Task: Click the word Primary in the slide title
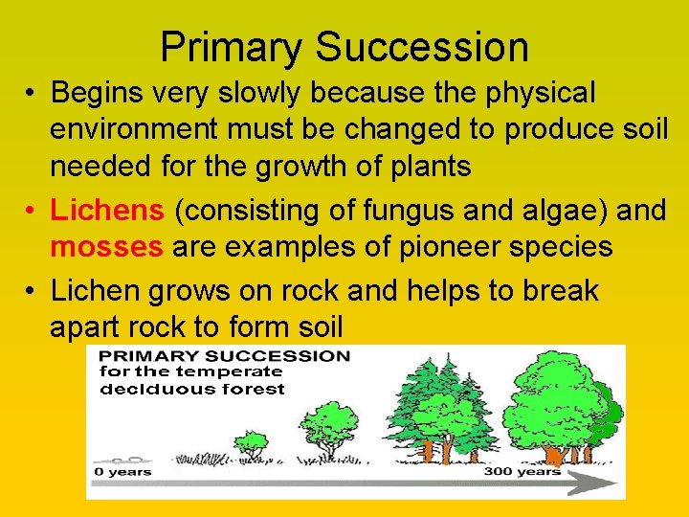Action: [x=231, y=47]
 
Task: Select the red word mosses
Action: [x=106, y=247]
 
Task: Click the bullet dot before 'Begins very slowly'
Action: [x=33, y=94]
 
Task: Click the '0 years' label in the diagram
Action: [x=122, y=471]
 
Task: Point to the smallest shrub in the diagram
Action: [x=252, y=443]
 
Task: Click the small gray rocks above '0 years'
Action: [x=120, y=458]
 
